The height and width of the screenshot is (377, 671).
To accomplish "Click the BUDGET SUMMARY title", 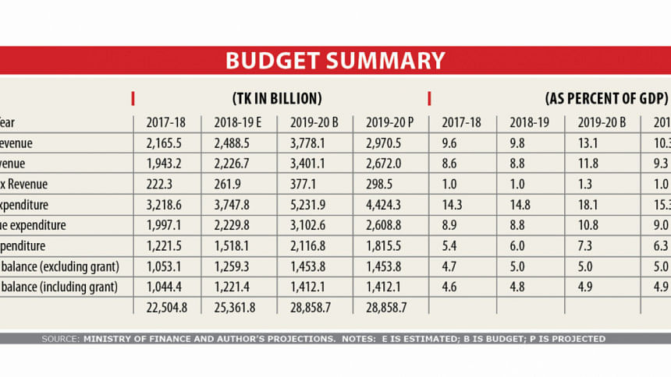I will pyautogui.click(x=335, y=61).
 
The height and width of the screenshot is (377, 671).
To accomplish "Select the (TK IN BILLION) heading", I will pyautogui.click(x=277, y=99).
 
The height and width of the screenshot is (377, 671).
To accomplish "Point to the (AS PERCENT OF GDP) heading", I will pyautogui.click(x=605, y=99).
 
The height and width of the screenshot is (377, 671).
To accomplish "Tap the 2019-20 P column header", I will pyautogui.click(x=382, y=122).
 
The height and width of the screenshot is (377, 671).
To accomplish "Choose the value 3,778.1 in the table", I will pyautogui.click(x=311, y=143).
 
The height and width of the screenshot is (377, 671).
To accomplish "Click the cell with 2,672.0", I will pyautogui.click(x=382, y=164).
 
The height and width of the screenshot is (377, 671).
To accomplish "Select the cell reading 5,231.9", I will pyautogui.click(x=311, y=205).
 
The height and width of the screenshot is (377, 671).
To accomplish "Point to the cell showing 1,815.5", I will pyautogui.click(x=382, y=245).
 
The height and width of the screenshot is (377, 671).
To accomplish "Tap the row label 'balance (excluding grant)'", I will pyautogui.click(x=59, y=266).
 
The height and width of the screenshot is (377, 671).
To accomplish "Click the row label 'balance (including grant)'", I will pyautogui.click(x=59, y=287).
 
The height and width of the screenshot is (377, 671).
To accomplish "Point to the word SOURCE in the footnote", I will pyautogui.click(x=61, y=339).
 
